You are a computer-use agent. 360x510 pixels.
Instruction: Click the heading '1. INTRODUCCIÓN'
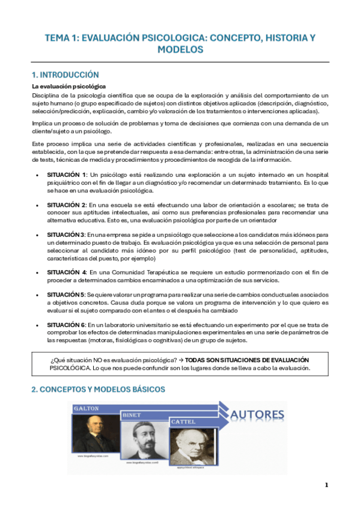[x=65, y=75]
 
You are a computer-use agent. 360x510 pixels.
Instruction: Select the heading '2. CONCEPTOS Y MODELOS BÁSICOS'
[x=98, y=390]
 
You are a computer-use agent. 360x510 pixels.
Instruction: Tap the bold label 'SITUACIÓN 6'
[x=66, y=324]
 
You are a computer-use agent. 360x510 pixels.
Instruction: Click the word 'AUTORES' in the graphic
[x=257, y=414]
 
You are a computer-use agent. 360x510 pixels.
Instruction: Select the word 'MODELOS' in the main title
[x=180, y=49]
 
